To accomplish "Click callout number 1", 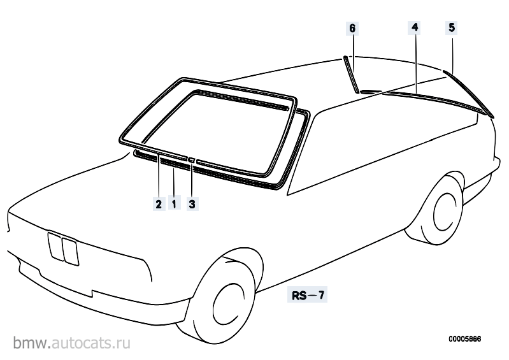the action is pyautogui.click(x=174, y=204).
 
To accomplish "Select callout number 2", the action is pyautogui.click(x=159, y=204).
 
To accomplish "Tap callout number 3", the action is pyautogui.click(x=192, y=204).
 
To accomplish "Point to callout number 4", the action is pyautogui.click(x=415, y=27).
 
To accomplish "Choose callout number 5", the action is pyautogui.click(x=452, y=27).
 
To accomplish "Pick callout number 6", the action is pyautogui.click(x=352, y=28).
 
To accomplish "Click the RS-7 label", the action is pyautogui.click(x=308, y=295).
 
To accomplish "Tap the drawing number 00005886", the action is pyautogui.click(x=465, y=339).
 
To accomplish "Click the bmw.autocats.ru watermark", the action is pyautogui.click(x=72, y=343).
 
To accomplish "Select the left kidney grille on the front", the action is pyautogui.click(x=55, y=247).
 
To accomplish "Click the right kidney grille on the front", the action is pyautogui.click(x=70, y=252).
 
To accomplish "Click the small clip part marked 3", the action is pyautogui.click(x=192, y=159).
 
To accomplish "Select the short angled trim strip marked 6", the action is pyautogui.click(x=350, y=75).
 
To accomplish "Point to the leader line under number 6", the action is pyautogui.click(x=353, y=53).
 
